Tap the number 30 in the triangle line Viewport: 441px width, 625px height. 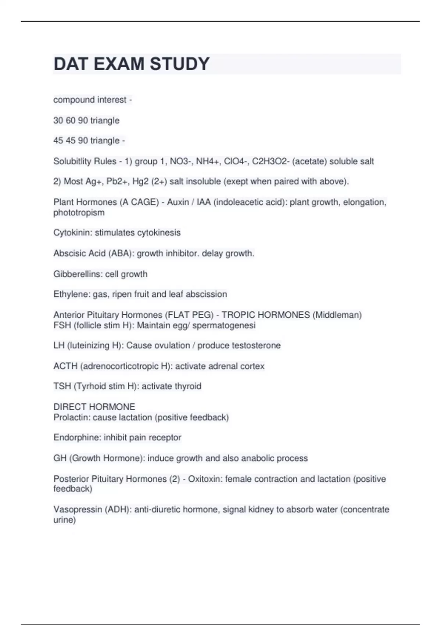point(58,120)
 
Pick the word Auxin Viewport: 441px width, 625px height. point(178,202)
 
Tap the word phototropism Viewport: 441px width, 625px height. point(79,213)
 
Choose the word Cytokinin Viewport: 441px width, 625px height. point(73,232)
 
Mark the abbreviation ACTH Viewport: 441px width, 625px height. point(65,366)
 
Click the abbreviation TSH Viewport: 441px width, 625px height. point(62,386)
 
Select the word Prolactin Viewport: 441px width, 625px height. point(72,417)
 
